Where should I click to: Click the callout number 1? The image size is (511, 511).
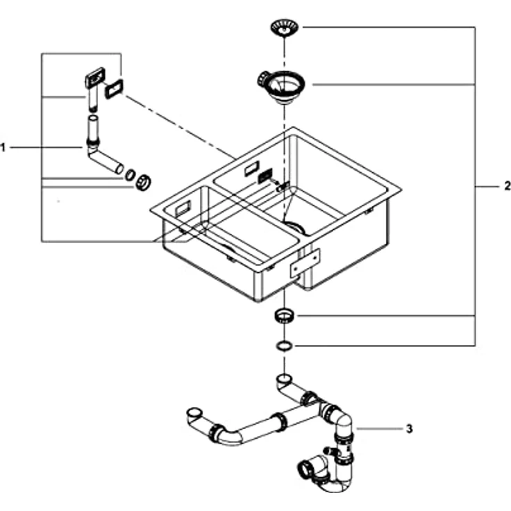(3, 148)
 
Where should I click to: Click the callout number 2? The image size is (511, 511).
(507, 186)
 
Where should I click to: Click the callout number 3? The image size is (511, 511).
(410, 428)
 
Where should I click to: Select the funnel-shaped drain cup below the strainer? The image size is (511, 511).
(282, 85)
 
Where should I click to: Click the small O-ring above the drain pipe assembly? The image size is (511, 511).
(285, 346)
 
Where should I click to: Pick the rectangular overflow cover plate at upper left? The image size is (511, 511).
(95, 76)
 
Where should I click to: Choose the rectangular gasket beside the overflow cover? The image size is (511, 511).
(114, 89)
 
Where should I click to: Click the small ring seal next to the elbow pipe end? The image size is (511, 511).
(131, 175)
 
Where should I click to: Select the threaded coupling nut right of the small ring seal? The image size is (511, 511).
(143, 183)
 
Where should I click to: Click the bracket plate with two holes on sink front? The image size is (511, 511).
(305, 262)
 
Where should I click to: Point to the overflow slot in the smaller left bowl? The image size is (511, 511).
(183, 208)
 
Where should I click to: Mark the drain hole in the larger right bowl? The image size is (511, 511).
(295, 227)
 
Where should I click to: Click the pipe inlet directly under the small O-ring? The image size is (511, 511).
(285, 378)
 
